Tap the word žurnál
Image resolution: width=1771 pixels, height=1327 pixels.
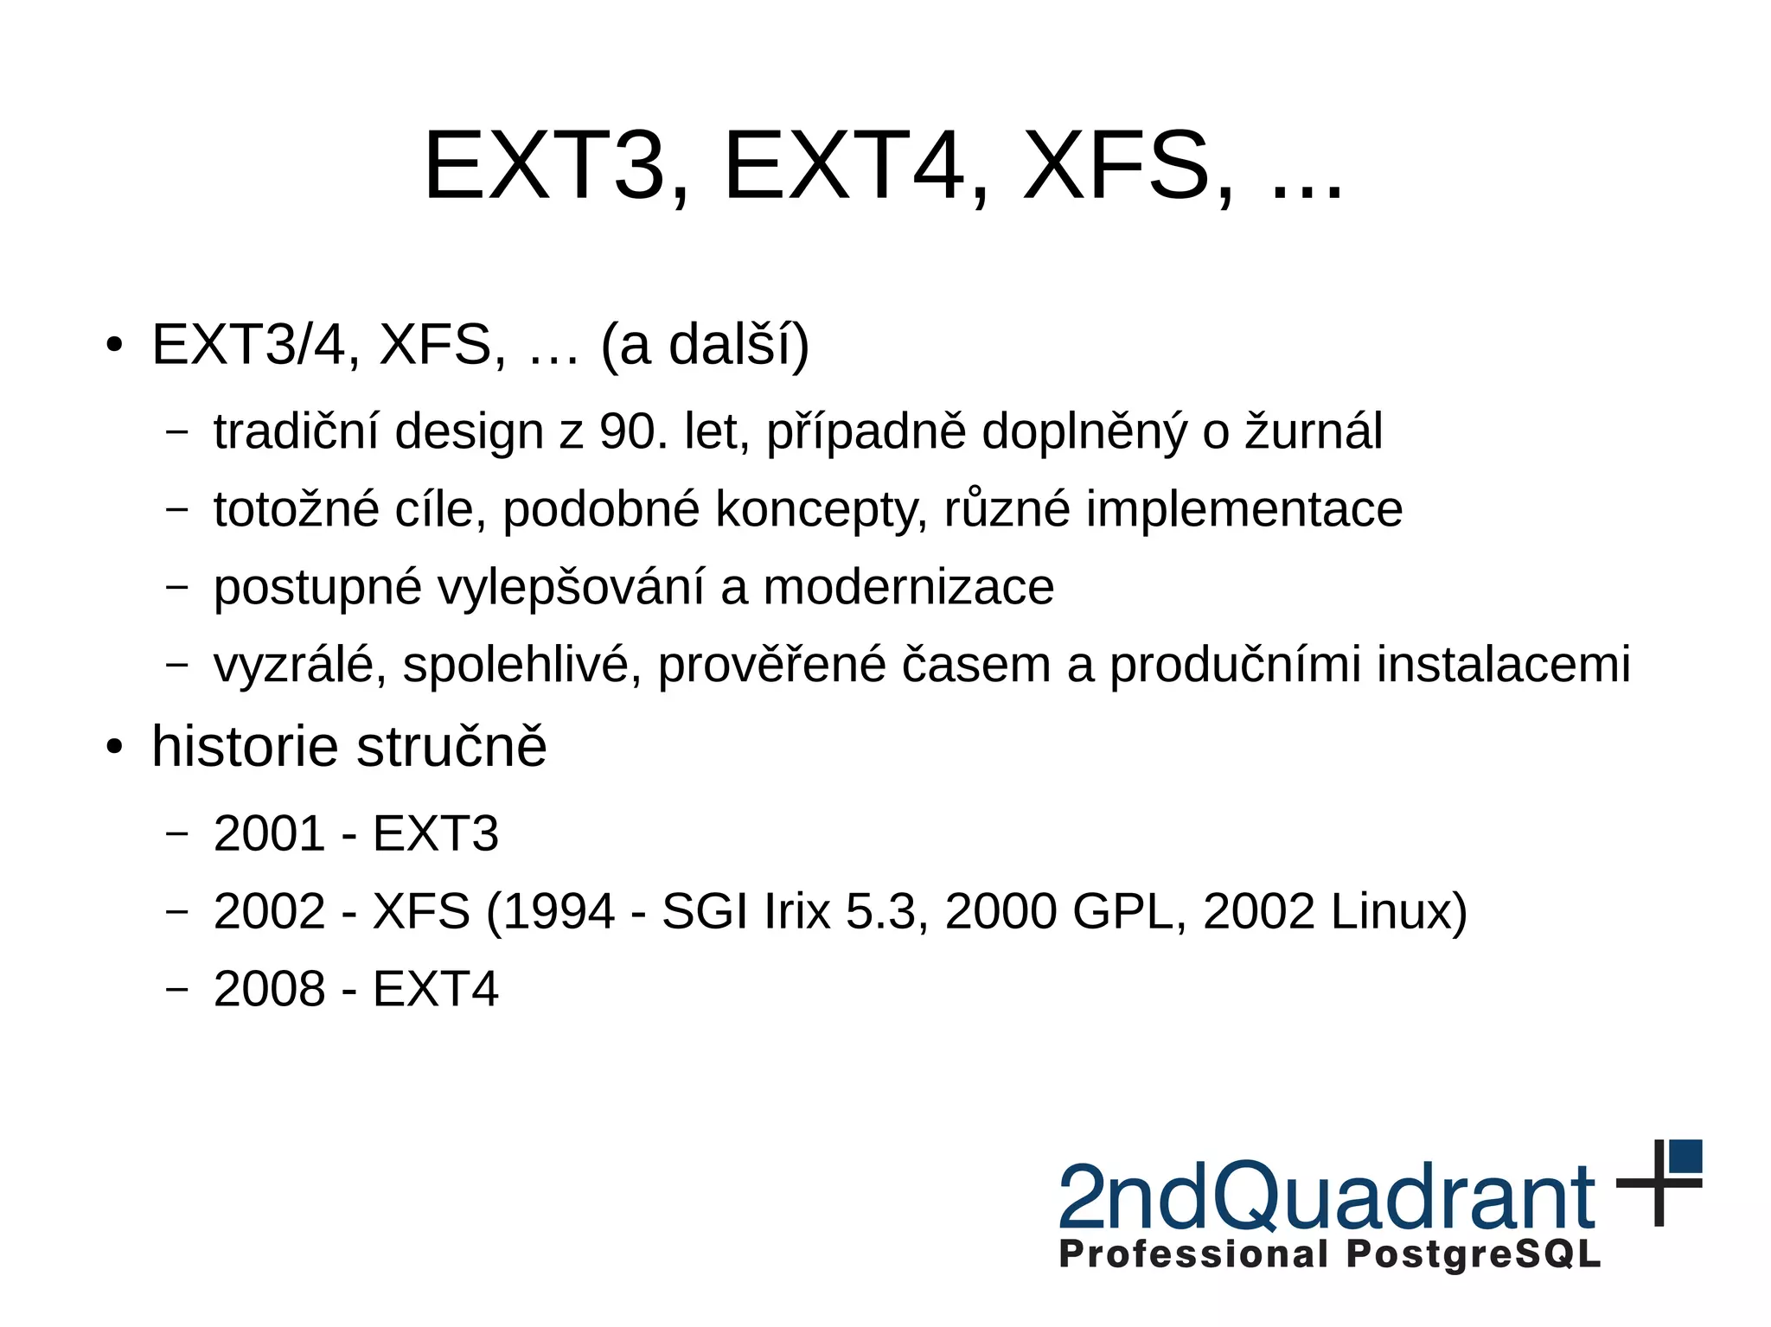point(1314,431)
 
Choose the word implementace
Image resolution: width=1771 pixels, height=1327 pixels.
point(1244,509)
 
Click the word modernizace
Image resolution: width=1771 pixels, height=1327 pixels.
point(909,587)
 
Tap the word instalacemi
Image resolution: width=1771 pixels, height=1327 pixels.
point(1503,665)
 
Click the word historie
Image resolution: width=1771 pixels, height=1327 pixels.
point(245,746)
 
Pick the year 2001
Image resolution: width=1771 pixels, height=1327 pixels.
point(269,834)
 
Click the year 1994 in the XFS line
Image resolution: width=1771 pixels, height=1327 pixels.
point(559,912)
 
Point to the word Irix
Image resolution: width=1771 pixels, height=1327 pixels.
point(796,912)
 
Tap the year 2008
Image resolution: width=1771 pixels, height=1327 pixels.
point(269,990)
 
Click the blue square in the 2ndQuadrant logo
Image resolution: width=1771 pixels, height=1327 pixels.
point(1685,1157)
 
